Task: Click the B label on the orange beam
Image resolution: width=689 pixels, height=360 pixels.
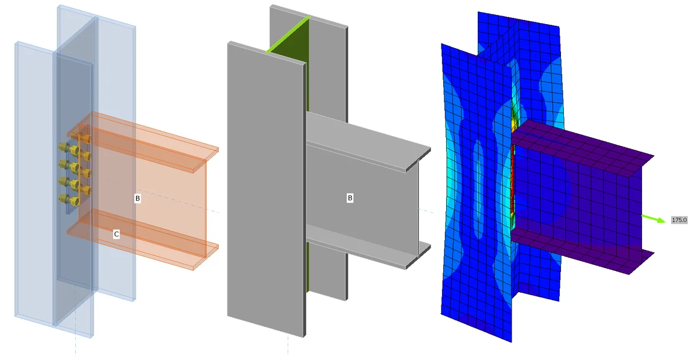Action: click(137, 199)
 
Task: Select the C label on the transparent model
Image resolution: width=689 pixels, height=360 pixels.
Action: click(116, 234)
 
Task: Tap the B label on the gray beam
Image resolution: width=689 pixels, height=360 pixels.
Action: click(350, 198)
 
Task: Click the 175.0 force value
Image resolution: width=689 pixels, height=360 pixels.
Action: click(679, 220)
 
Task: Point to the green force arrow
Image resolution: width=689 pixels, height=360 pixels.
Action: click(653, 219)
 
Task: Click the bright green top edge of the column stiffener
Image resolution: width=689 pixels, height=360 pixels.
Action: click(288, 34)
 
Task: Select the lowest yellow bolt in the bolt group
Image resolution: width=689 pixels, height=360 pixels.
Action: click(74, 201)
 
